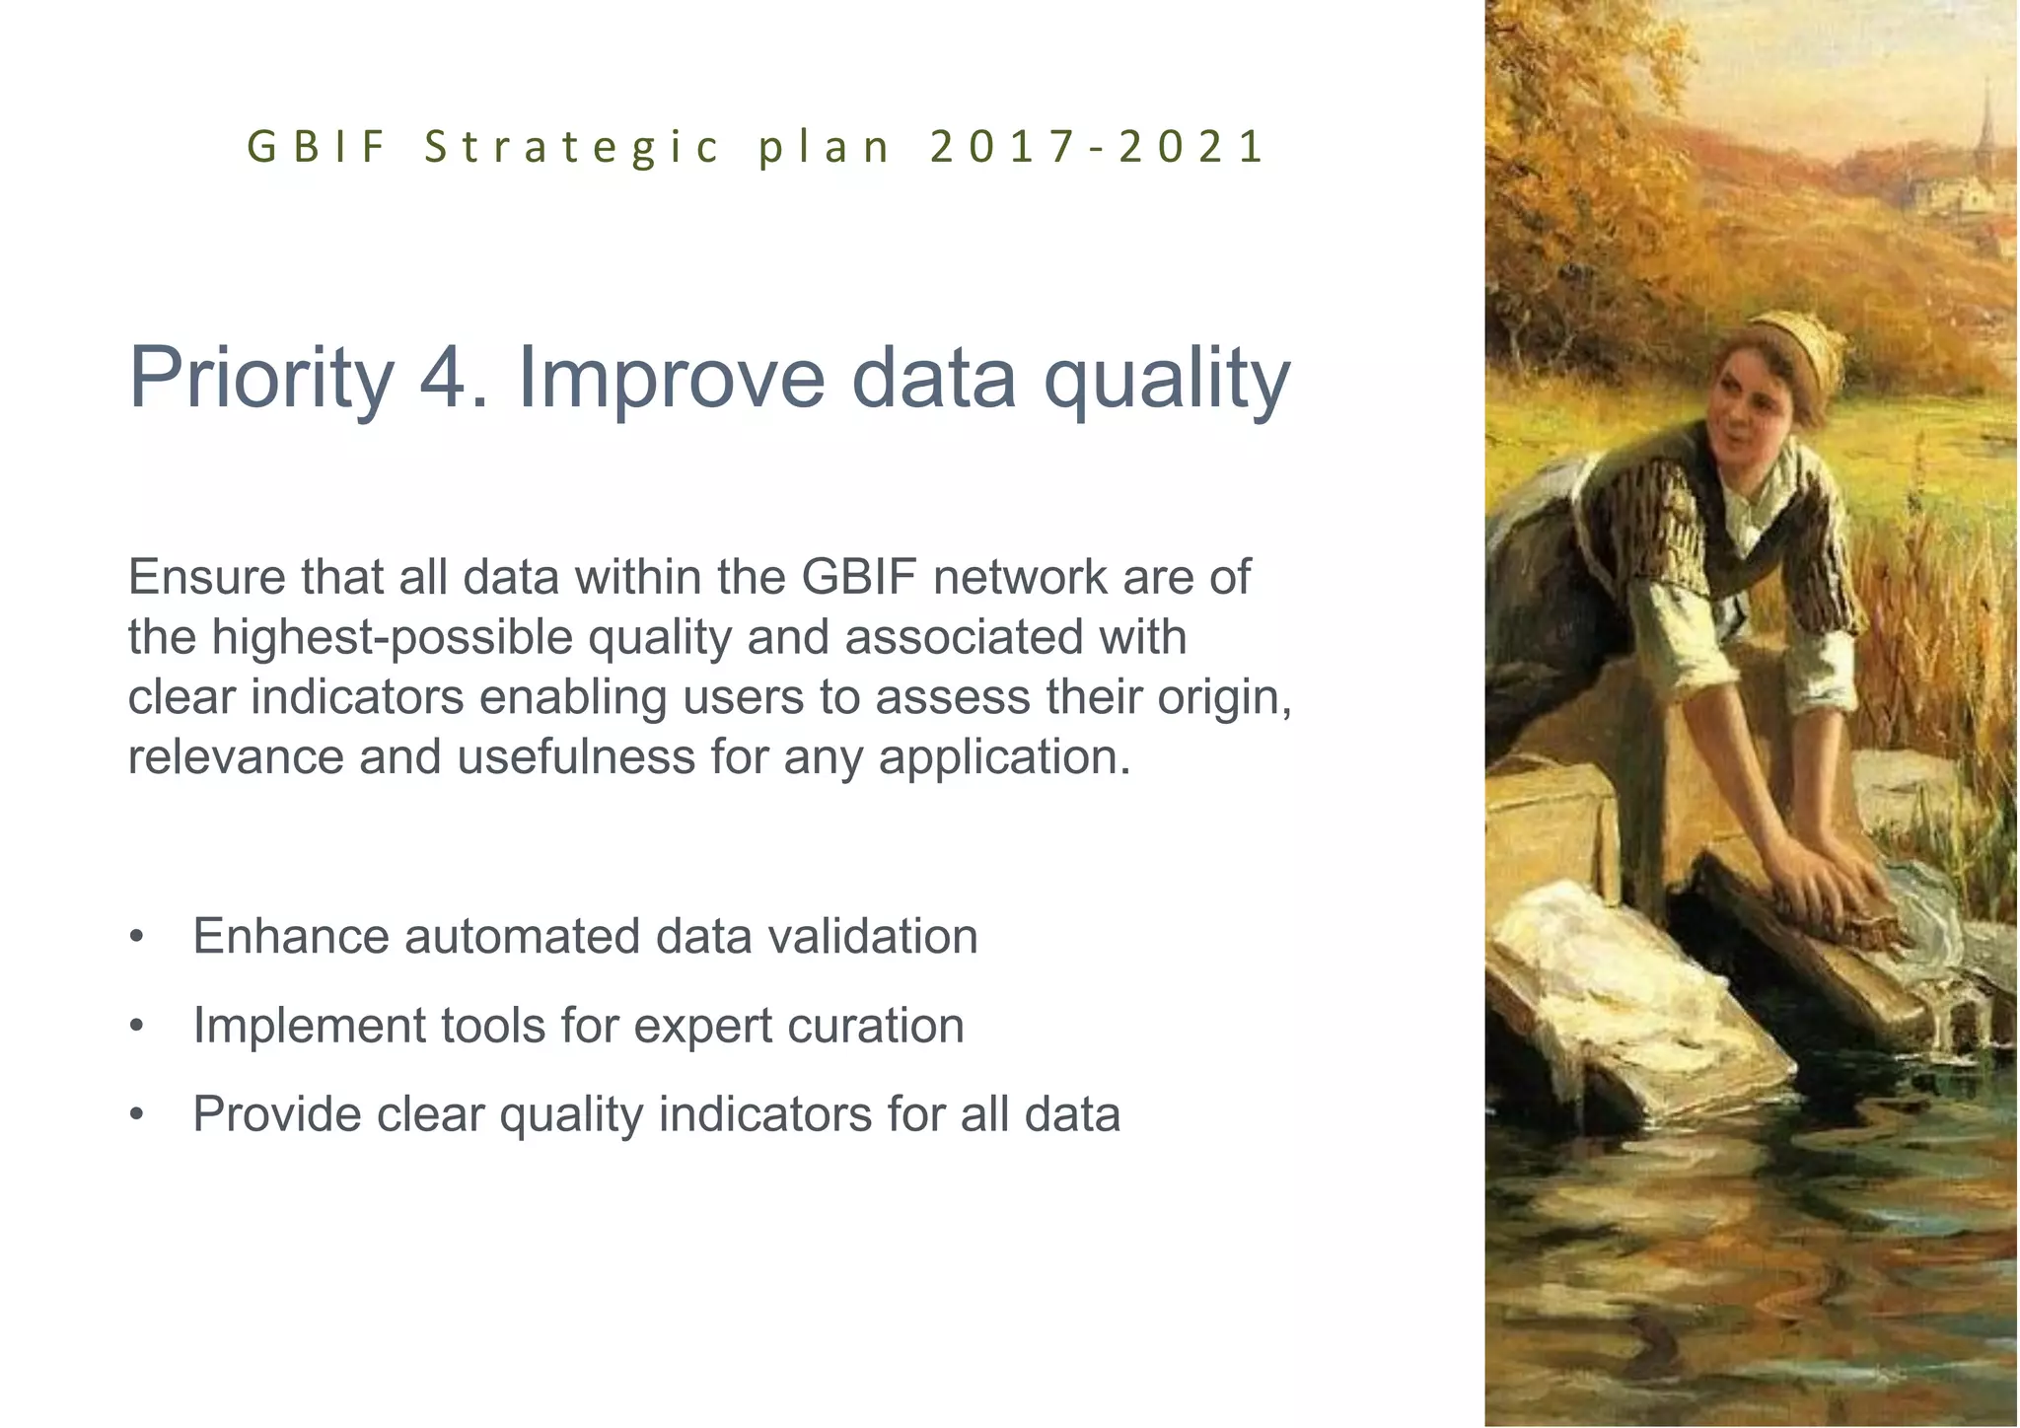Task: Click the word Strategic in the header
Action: tap(572, 148)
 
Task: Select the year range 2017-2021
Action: tap(1096, 148)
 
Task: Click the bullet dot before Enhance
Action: tap(137, 938)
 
